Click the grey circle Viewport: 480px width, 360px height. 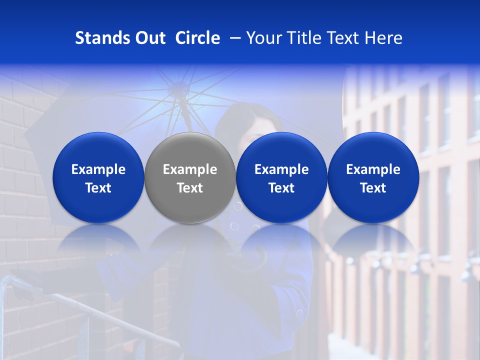point(190,178)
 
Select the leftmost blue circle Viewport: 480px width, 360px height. point(98,178)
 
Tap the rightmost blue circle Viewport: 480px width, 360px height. point(373,178)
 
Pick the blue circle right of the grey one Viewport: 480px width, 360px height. point(281,178)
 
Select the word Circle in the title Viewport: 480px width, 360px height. point(197,38)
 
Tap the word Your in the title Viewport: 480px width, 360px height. point(264,38)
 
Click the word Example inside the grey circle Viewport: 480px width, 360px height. point(190,169)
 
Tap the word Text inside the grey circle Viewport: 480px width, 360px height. point(190,188)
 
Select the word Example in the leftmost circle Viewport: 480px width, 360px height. point(98,169)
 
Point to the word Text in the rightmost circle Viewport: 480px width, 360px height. point(373,188)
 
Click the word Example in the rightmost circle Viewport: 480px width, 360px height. point(373,169)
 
